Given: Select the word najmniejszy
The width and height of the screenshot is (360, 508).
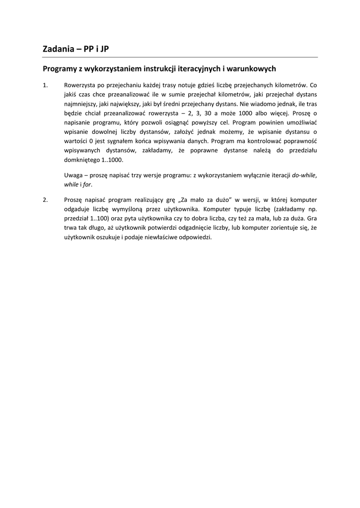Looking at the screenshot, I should coord(80,104).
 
